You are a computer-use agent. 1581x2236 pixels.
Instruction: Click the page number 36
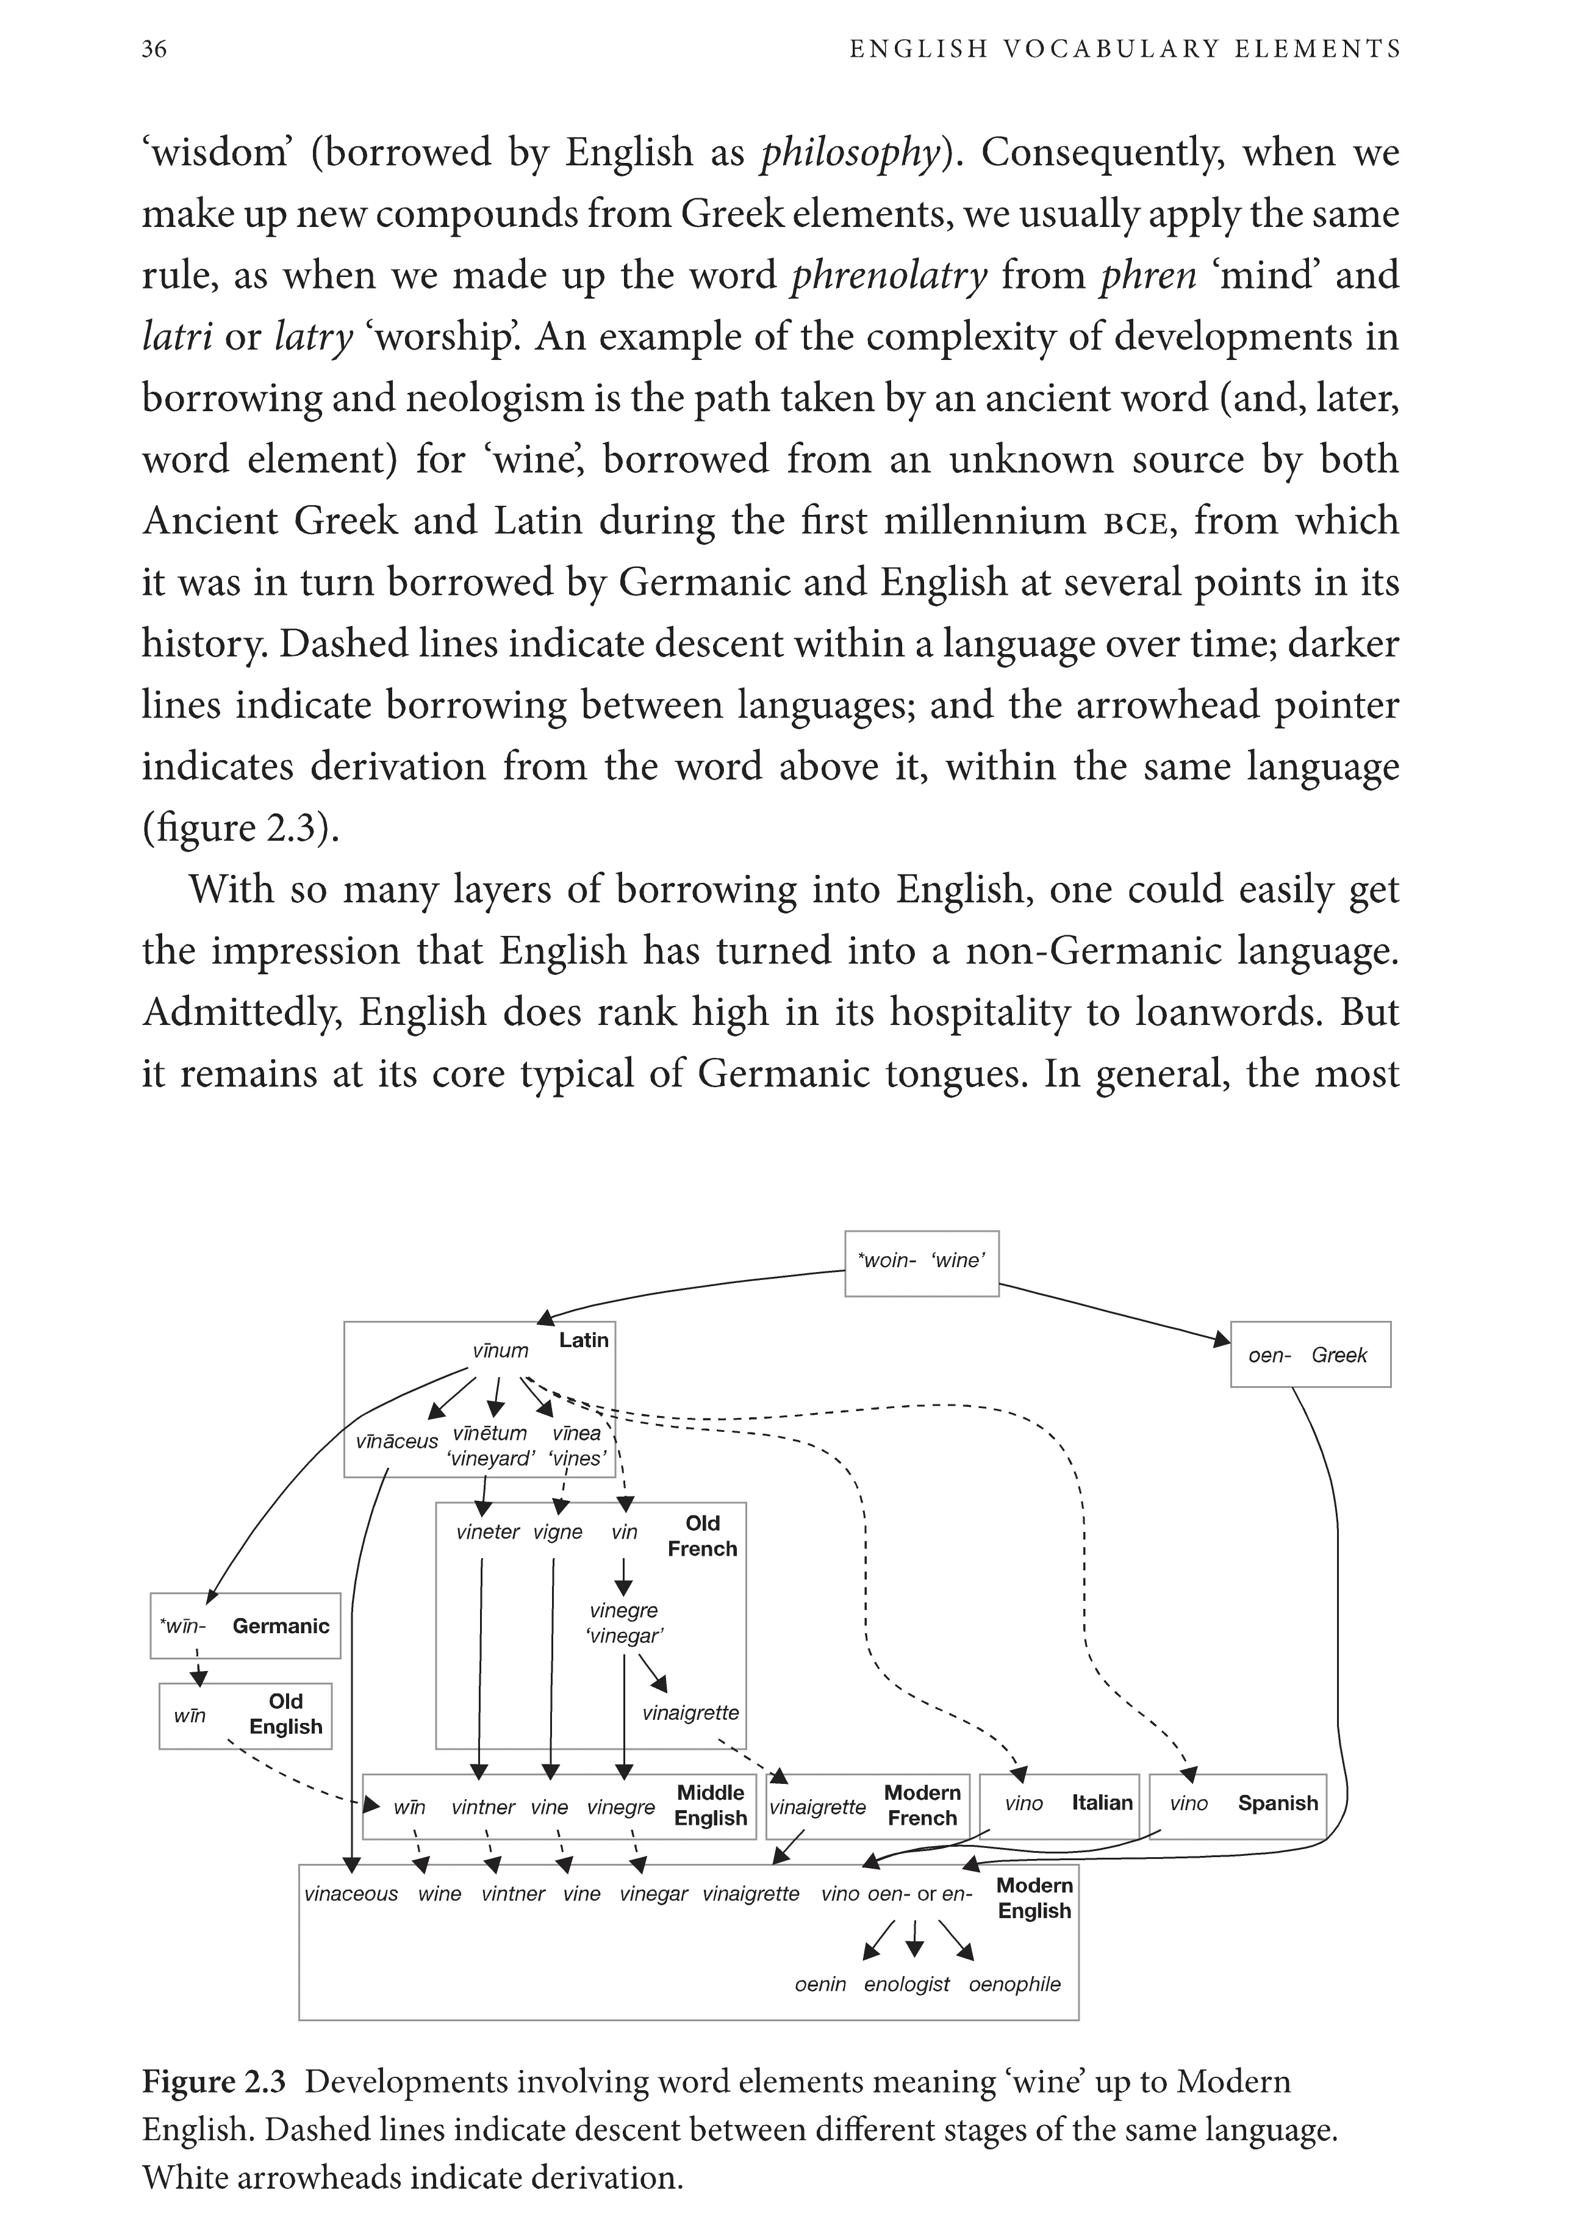coord(154,49)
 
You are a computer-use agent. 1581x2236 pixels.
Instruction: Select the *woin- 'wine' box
coord(921,1263)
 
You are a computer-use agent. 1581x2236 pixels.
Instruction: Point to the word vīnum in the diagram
coord(500,1351)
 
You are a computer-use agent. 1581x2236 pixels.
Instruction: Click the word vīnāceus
coord(396,1441)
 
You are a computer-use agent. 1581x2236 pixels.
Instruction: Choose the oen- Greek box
coord(1310,1354)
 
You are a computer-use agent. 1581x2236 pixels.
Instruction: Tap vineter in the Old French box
coord(488,1532)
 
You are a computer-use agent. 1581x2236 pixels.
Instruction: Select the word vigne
coord(558,1532)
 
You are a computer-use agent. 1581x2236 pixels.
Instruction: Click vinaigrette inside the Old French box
coord(690,1712)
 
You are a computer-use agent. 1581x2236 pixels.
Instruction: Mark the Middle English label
coord(711,1805)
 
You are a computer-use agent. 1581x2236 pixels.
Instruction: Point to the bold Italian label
coord(1102,1803)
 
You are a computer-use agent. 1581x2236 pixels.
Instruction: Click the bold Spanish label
coord(1277,1803)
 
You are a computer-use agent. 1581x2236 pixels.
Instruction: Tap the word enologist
coord(906,1984)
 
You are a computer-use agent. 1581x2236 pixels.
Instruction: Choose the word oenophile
coord(1014,1984)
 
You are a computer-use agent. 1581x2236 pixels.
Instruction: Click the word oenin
coord(820,1984)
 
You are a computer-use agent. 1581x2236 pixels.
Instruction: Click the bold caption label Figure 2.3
coord(214,2081)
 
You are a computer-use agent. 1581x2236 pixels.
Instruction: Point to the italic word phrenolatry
coord(889,276)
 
